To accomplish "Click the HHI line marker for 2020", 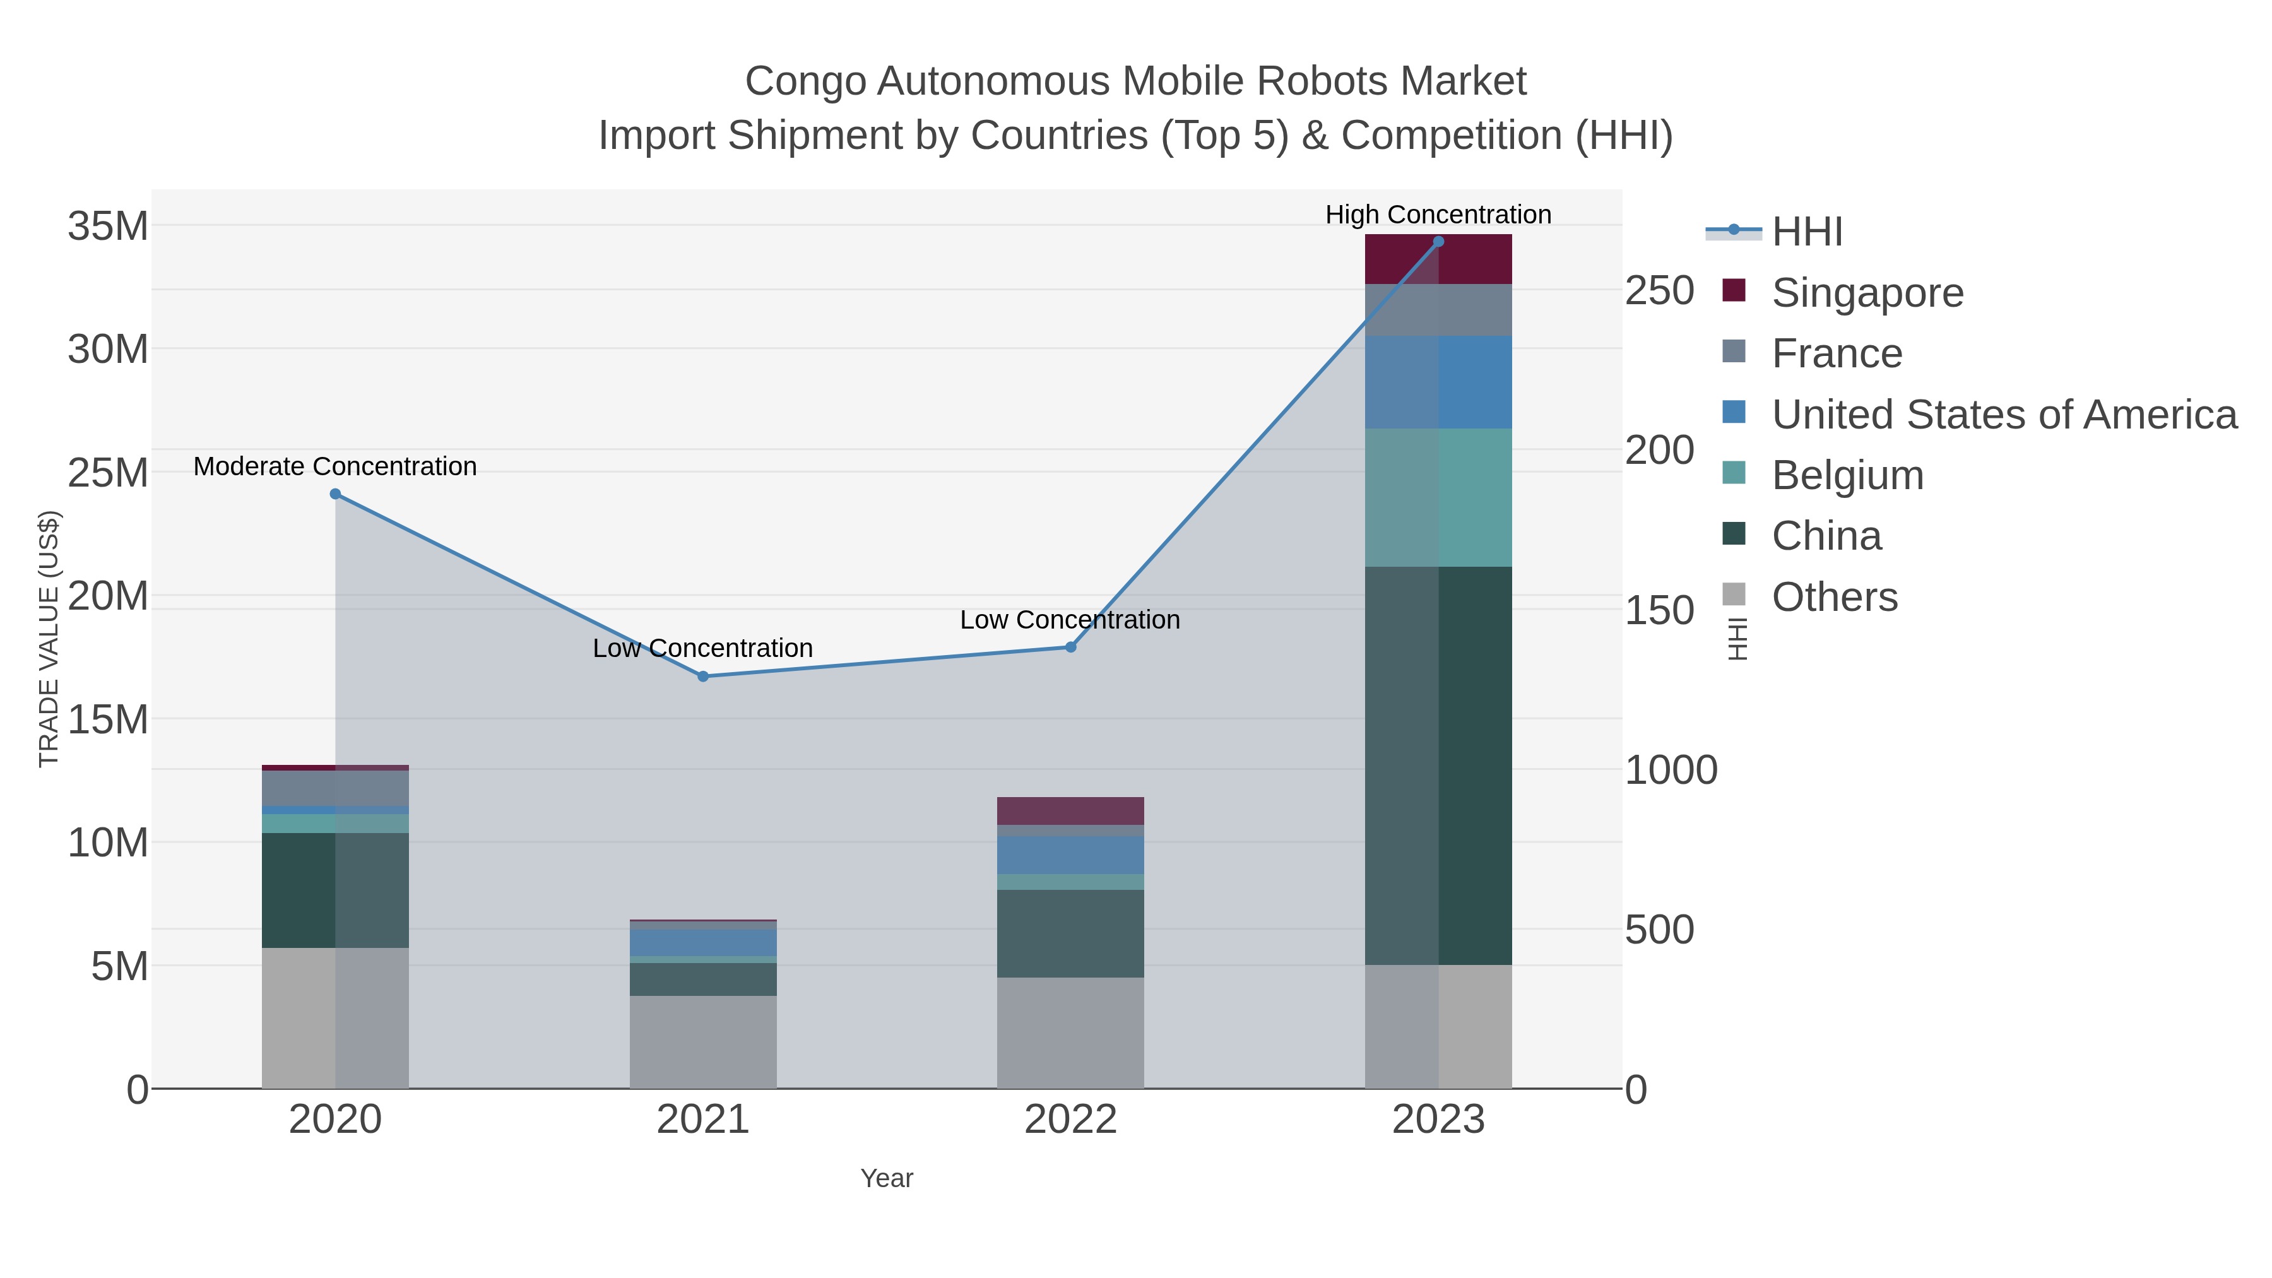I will pos(335,494).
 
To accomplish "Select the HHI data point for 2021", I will pos(703,677).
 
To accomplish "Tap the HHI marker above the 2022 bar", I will pos(1071,648).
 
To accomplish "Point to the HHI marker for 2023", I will pos(1438,242).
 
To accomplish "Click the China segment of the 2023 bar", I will pos(1438,766).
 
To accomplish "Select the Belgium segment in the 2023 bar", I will pos(1438,497).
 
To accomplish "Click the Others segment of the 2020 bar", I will pos(335,1018).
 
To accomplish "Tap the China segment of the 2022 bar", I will pos(1071,933).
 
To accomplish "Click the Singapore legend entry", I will pos(1867,293).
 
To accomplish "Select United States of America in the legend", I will pos(2003,415).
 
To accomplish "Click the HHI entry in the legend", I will pos(1806,232).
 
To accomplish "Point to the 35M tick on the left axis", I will pos(107,227).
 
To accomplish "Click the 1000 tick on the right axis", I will pos(1671,770).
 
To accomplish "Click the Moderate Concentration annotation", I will pos(335,466).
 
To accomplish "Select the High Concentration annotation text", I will pos(1438,215).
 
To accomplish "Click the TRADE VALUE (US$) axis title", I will pos(49,639).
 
